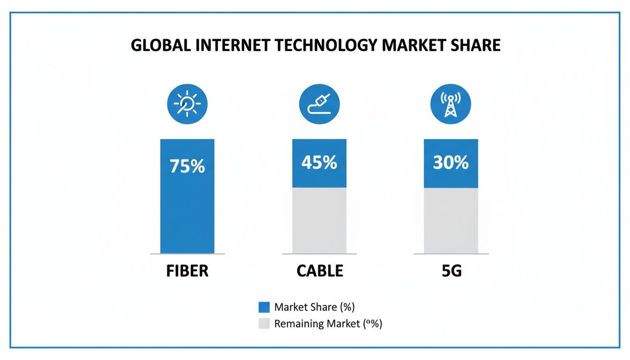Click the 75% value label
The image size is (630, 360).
187,166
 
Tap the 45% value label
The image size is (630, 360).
319,163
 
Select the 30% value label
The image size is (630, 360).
450,163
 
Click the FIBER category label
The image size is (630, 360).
187,271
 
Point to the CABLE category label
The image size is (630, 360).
320,271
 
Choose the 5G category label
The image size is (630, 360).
451,271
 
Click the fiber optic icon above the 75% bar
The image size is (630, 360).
187,104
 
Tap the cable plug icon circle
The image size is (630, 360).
319,104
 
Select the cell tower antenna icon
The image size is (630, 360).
450,104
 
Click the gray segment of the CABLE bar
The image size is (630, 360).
319,220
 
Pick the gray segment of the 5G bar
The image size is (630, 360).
450,220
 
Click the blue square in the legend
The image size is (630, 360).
264,307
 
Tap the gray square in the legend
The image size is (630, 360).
264,323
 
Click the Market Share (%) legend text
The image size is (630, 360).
315,307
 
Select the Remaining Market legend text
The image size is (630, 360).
328,323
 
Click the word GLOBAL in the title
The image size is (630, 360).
160,45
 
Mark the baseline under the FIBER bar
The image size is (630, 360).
187,254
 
